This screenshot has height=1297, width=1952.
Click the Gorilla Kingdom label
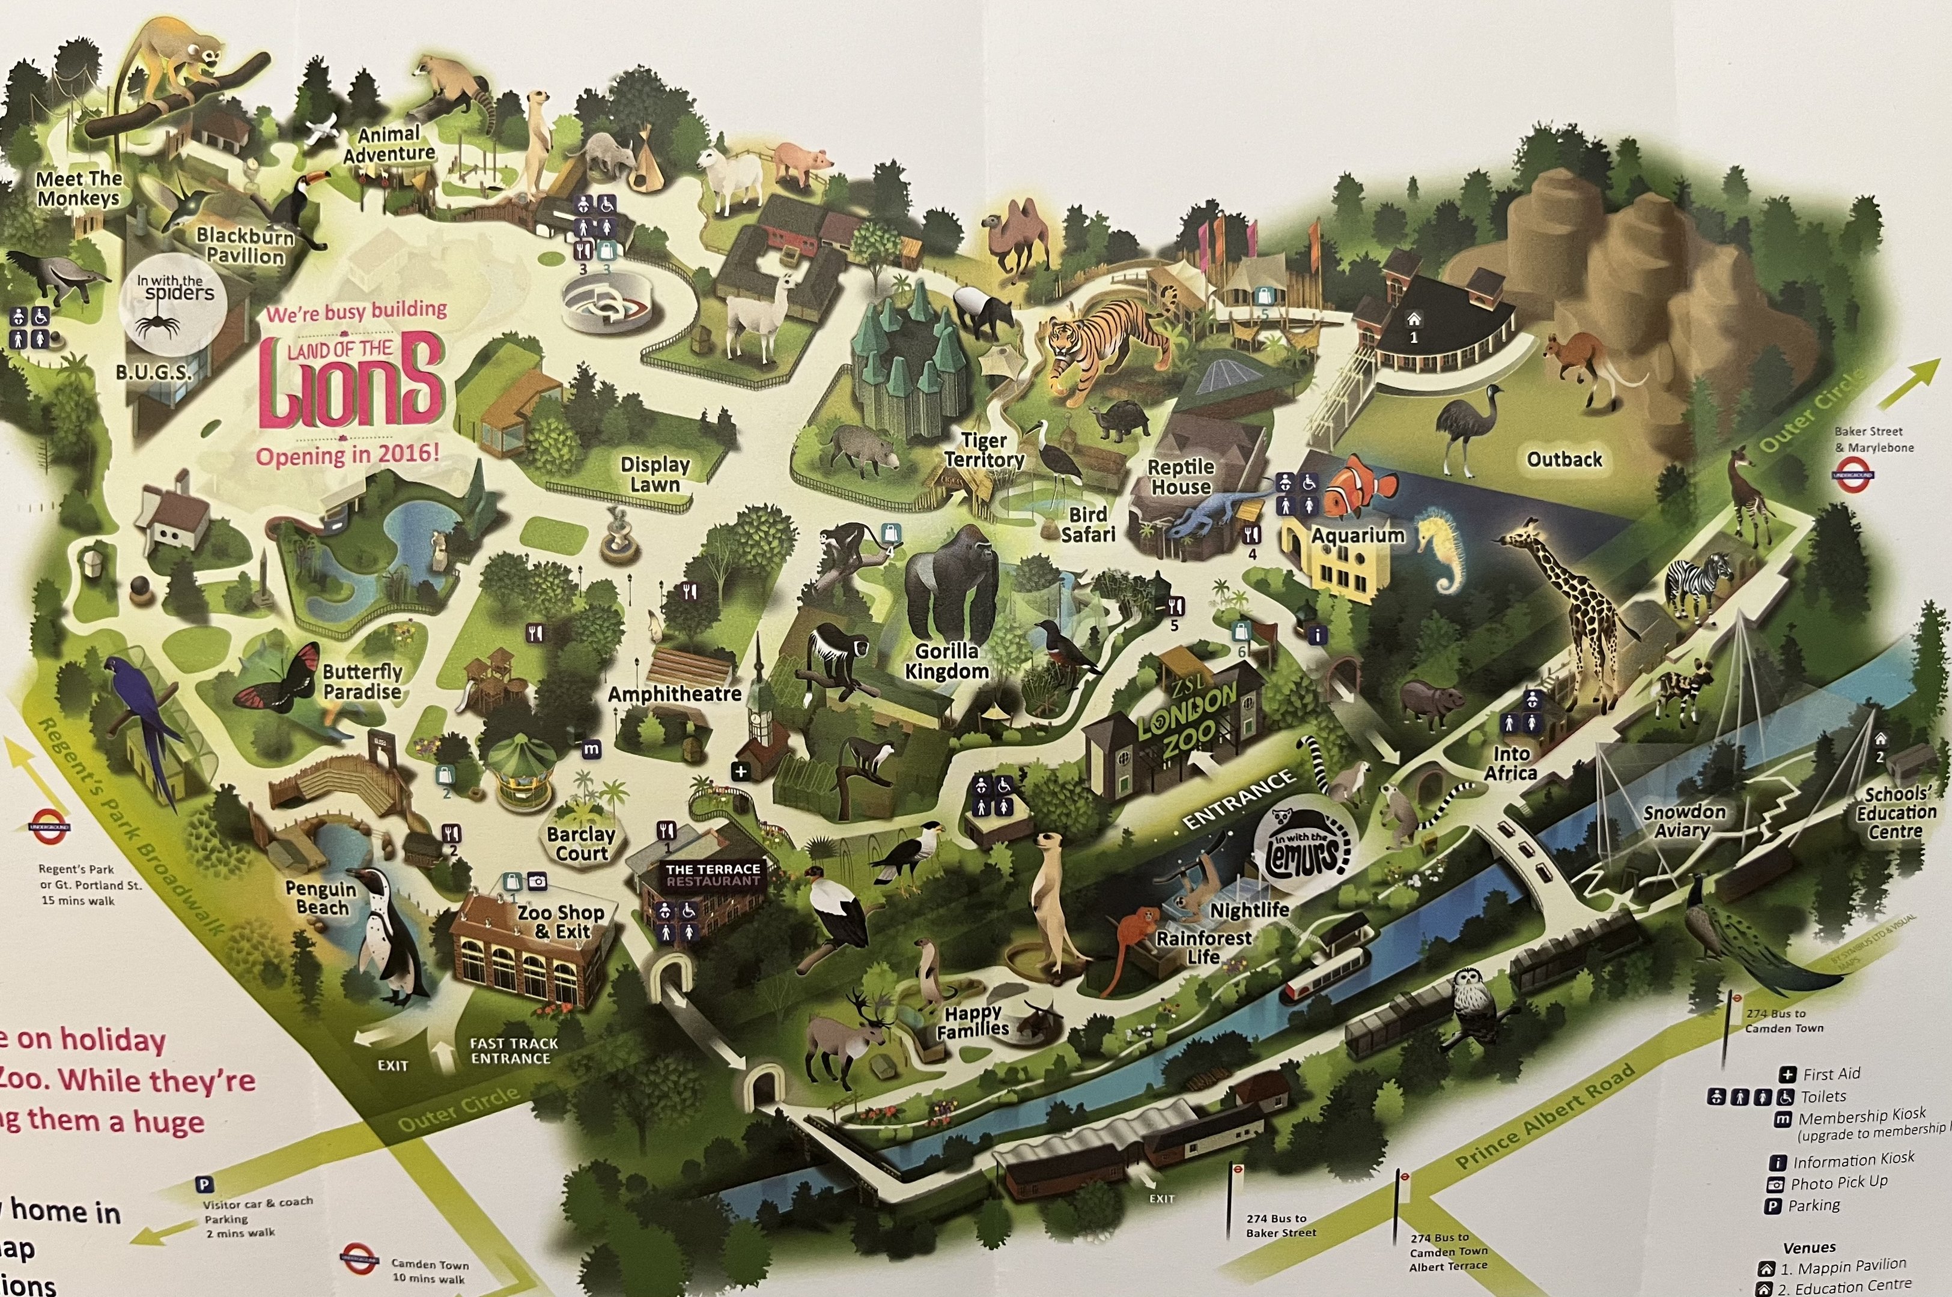coord(947,661)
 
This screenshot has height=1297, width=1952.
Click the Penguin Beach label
coord(320,898)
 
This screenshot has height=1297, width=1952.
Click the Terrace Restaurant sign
coord(713,874)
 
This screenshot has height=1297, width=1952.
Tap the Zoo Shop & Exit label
coord(561,921)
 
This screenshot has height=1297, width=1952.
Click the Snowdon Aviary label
coord(1684,821)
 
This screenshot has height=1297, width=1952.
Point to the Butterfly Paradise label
coord(362,682)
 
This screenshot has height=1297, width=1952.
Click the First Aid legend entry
coord(1831,1074)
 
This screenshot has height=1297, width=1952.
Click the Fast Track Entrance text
coord(513,1050)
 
